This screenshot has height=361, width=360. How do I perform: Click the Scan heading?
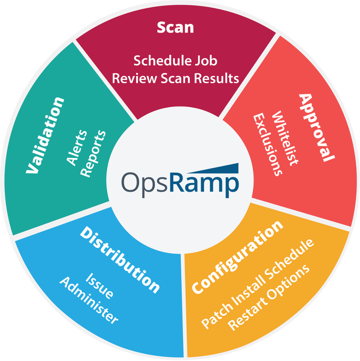175,27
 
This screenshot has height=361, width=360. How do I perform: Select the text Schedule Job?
175,60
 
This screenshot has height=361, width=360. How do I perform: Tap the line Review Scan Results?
175,78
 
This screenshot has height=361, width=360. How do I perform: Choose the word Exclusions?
267,144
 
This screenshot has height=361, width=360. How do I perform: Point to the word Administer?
89,300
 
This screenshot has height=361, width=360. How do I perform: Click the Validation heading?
45,135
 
